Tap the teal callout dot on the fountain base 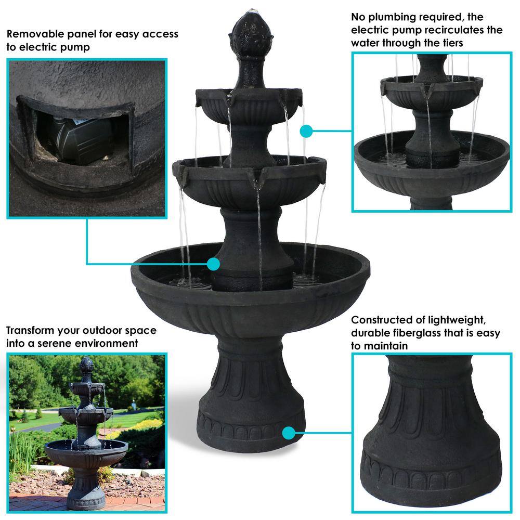[x=289, y=433]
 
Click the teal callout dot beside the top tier [x=306, y=132]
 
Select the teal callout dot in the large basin [x=213, y=264]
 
